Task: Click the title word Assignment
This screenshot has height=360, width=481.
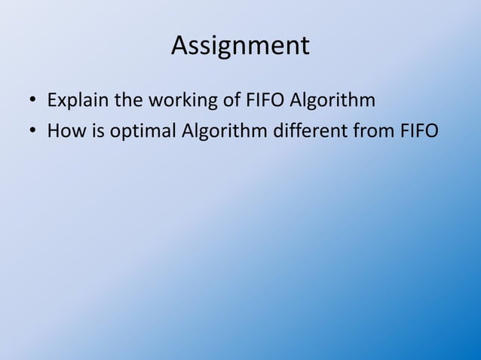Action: click(240, 46)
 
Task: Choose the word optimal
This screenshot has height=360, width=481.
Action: click(144, 132)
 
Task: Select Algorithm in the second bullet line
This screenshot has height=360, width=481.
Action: click(222, 132)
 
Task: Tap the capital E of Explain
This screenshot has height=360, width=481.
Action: click(52, 100)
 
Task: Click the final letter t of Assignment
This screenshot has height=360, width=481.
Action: click(305, 46)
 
